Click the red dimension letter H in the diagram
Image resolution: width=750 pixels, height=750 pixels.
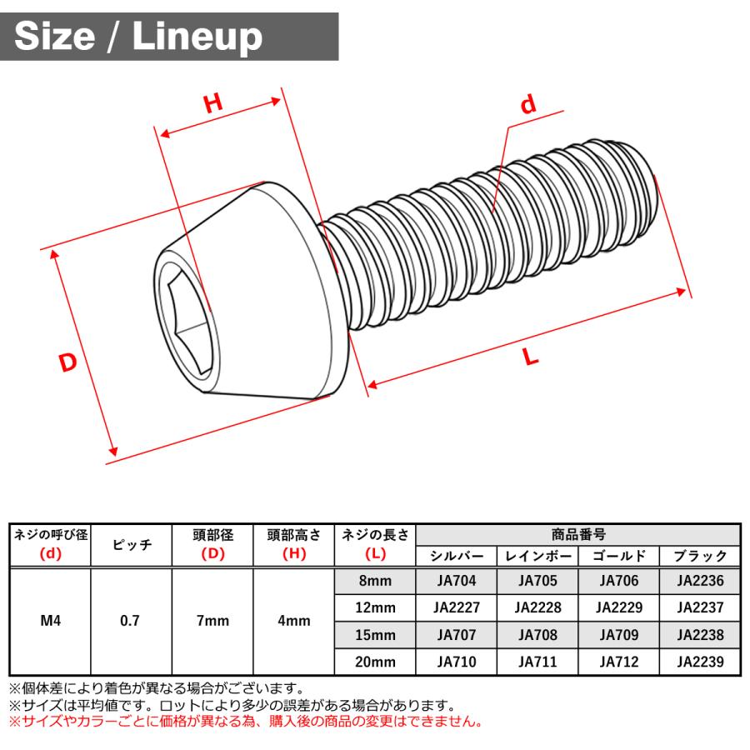click(214, 103)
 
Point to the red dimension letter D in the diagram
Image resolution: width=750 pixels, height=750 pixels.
click(68, 362)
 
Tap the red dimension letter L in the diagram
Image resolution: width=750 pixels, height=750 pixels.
click(530, 357)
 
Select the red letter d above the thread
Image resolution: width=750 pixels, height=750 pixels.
click(527, 106)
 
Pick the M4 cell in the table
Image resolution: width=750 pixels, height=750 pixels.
click(49, 620)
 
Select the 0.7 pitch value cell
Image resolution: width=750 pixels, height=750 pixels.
click(130, 620)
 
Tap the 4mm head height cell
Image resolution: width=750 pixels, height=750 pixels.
click(293, 620)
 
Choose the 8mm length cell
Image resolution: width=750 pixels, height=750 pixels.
click(374, 581)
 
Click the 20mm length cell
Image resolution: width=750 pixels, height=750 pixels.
click(374, 662)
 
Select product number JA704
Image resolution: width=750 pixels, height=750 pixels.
click(456, 581)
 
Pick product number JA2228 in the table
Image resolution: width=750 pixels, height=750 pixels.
click(537, 607)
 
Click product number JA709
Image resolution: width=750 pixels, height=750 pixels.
click(618, 635)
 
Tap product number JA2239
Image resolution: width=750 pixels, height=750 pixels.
click(700, 662)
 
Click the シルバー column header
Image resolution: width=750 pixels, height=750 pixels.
click(456, 555)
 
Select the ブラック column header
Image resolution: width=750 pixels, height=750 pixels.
click(700, 555)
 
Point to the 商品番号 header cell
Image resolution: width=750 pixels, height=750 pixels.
click(577, 534)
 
